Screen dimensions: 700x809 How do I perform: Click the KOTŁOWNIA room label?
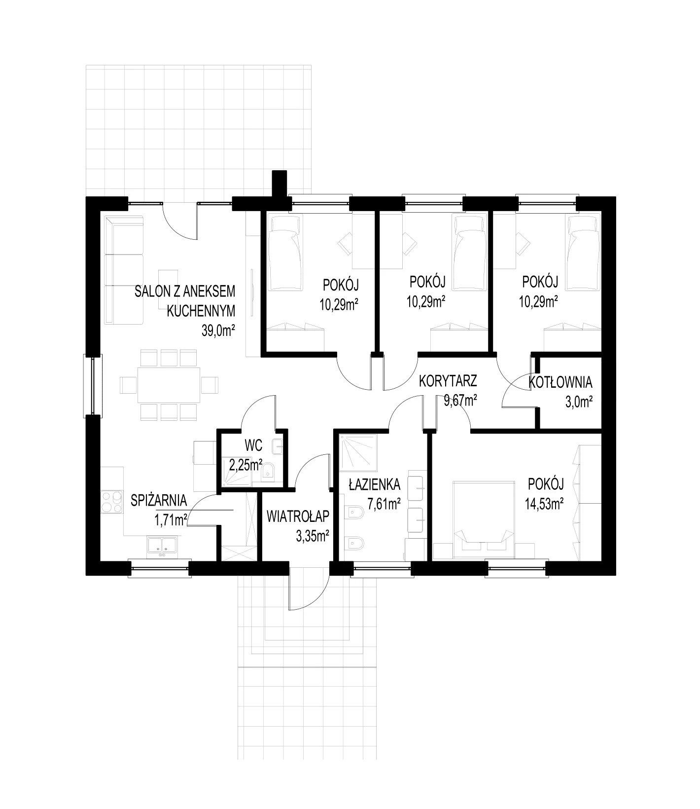pos(560,382)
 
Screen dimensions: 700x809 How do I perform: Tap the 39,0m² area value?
pos(217,331)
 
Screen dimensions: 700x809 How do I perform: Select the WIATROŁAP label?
pos(298,516)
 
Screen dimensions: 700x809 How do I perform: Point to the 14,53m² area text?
pos(545,503)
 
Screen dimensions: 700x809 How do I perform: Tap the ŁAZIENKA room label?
pos(375,485)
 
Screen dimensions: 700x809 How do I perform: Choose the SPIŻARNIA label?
pos(159,500)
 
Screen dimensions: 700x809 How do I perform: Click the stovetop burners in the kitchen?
pos(112,502)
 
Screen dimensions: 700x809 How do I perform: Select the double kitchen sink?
pos(162,545)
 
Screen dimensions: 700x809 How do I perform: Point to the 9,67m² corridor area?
pos(460,401)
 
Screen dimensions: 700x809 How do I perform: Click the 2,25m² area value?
pos(245,464)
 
